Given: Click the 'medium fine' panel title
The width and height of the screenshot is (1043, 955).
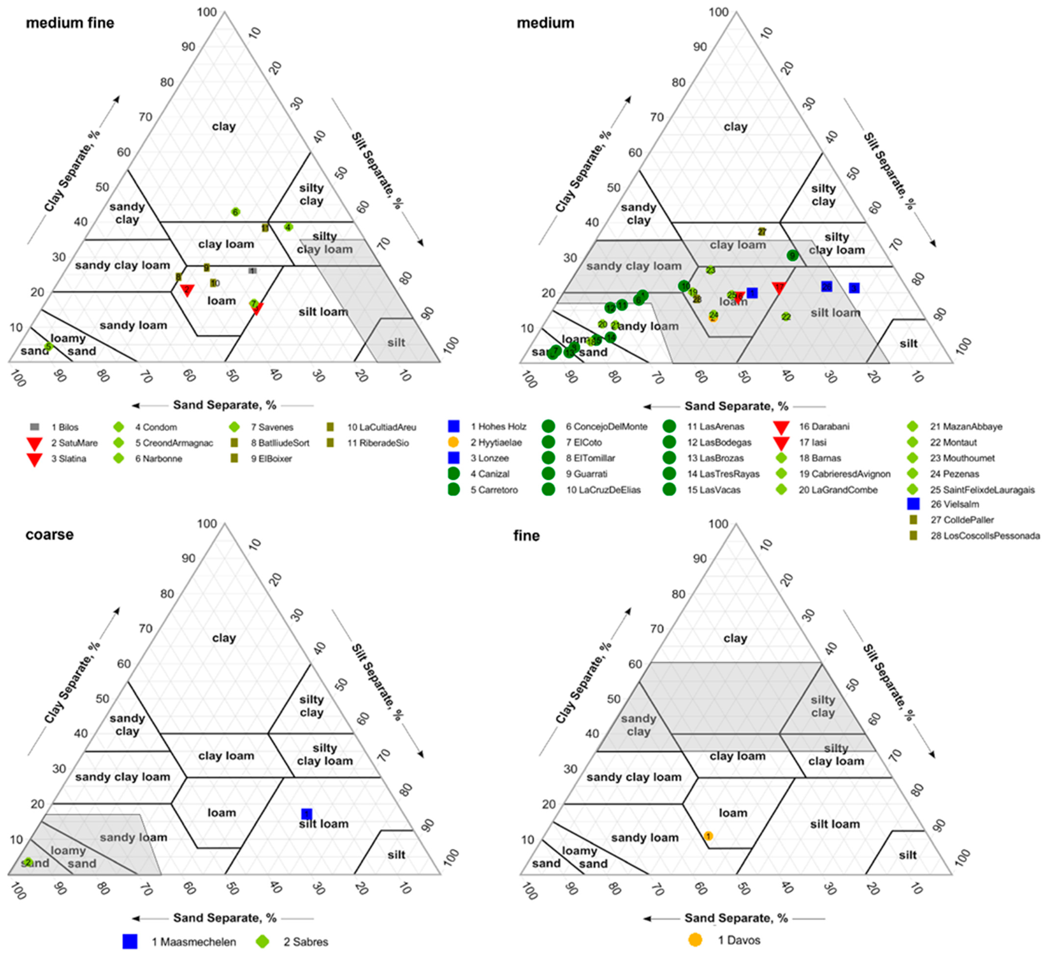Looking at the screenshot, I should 70,23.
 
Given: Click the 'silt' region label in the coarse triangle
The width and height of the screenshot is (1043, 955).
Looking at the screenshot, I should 396,855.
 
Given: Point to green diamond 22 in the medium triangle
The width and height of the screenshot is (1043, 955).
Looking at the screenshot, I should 786,317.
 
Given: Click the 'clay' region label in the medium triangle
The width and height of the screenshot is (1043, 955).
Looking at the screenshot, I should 735,127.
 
